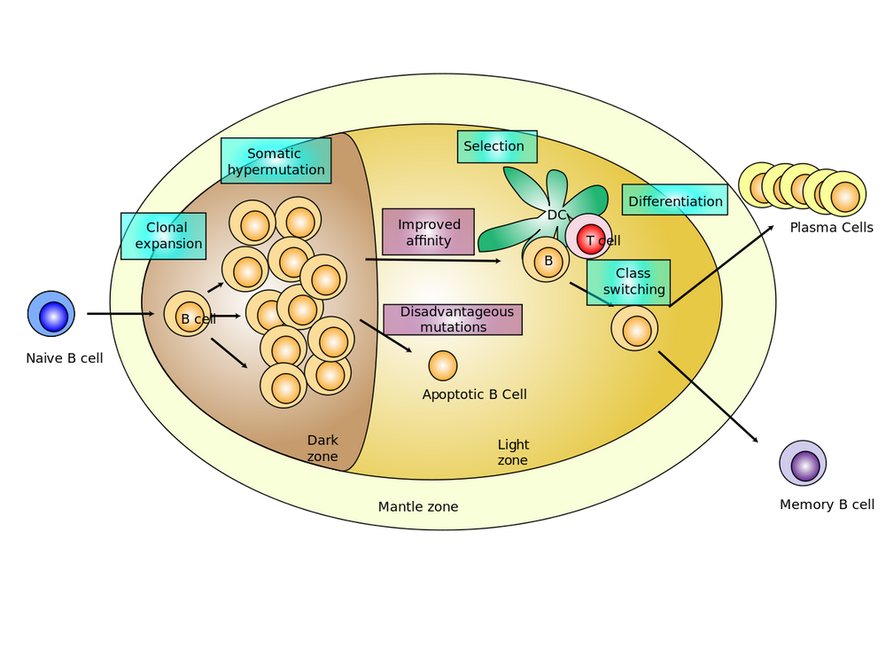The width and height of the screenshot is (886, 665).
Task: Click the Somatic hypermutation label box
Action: [x=276, y=160]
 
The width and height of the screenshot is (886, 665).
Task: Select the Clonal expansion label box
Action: [x=164, y=236]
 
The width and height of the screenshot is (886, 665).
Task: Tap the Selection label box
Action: [x=497, y=146]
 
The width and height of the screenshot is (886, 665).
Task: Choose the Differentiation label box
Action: [x=674, y=200]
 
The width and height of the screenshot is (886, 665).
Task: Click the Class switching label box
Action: [x=628, y=282]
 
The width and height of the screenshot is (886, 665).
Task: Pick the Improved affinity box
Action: [x=428, y=231]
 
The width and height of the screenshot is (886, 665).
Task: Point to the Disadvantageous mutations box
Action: [x=452, y=319]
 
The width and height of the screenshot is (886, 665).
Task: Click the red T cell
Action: [x=589, y=238]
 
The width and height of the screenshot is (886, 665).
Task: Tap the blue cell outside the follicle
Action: [x=52, y=315]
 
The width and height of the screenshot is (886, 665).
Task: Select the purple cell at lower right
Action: [x=804, y=464]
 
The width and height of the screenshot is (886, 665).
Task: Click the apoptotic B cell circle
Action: [x=443, y=365]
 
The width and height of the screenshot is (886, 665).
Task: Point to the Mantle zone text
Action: [x=418, y=507]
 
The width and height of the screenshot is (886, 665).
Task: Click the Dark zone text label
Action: [x=323, y=449]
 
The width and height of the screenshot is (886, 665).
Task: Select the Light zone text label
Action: [x=513, y=452]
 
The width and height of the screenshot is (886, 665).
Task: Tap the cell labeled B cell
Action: [x=188, y=315]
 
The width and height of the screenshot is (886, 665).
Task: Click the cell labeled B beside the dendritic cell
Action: [x=547, y=261]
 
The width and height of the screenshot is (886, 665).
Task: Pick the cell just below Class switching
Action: [x=635, y=329]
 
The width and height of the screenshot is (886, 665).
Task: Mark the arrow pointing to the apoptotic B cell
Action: [x=386, y=336]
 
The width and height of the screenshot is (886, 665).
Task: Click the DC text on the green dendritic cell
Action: [x=556, y=215]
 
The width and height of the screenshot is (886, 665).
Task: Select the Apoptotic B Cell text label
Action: [x=474, y=395]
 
